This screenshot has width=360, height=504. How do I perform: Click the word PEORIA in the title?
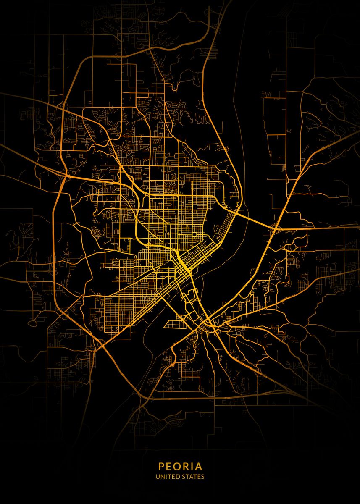180,466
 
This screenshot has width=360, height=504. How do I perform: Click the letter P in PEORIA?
161,466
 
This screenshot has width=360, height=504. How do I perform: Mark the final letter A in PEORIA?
199,466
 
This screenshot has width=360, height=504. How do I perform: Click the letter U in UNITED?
157,477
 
